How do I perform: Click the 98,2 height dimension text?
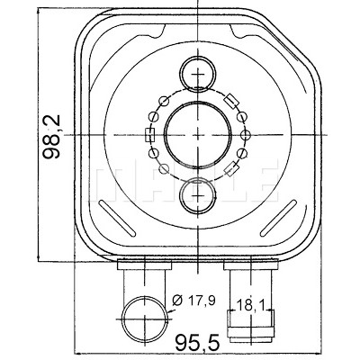pos(51,137)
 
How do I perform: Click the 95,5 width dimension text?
pos(197,343)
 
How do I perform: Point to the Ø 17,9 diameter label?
pos(194,301)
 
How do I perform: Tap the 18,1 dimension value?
pos(251,306)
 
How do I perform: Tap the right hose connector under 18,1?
pos(250,325)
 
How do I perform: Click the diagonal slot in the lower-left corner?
pos(117,218)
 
